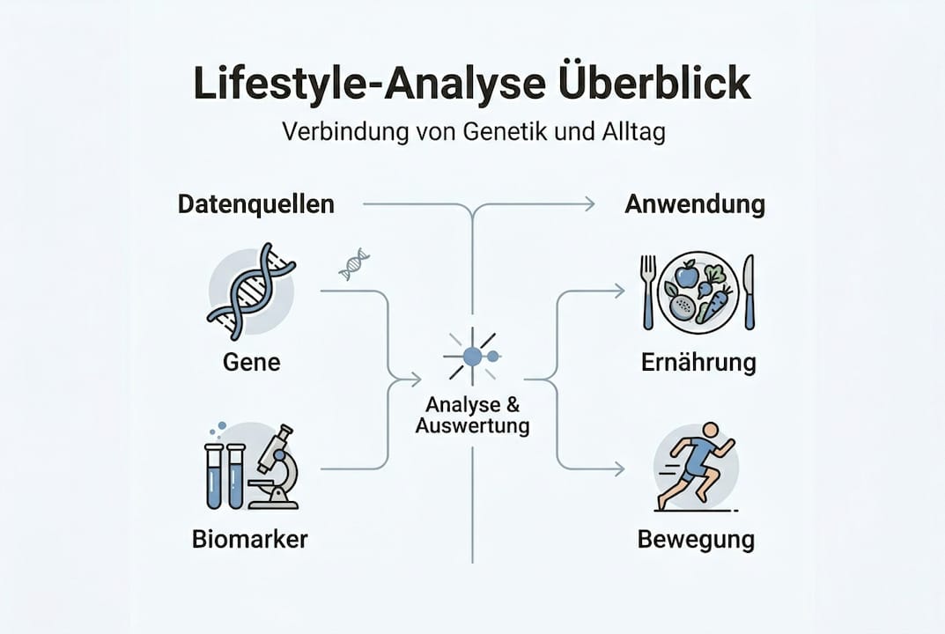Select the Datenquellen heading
tap(256, 204)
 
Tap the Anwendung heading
tap(695, 204)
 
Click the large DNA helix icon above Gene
tap(251, 292)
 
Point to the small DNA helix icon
tap(354, 264)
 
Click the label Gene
tap(251, 362)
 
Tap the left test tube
tap(214, 476)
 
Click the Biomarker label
tap(249, 539)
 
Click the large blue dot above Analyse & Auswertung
tap(472, 357)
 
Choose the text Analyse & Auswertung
tap(472, 415)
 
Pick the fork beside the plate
tap(648, 292)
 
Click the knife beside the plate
tap(749, 292)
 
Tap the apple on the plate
tap(686, 274)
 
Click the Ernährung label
tap(698, 363)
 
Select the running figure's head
tap(711, 430)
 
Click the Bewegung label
tap(696, 540)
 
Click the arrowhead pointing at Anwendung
tap(590, 204)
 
